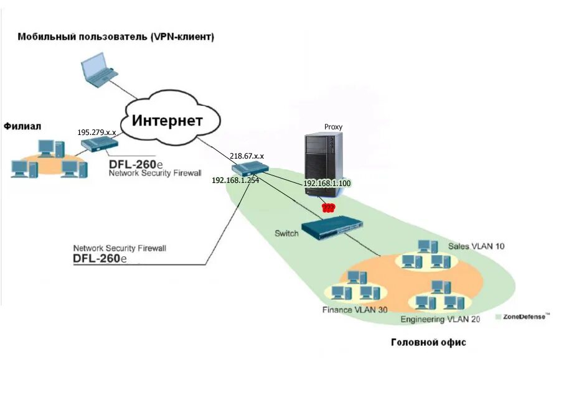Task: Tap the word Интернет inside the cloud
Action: coord(167,120)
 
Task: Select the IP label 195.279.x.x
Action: coord(96,133)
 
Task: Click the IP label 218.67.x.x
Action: coord(247,156)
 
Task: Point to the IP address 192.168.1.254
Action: coord(235,180)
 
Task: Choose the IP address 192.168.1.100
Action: coord(327,184)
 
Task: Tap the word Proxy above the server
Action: coord(333,127)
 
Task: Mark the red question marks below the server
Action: coord(327,207)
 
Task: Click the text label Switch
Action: coord(286,233)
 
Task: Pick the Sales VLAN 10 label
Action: coord(476,246)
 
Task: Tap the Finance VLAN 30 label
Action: coord(355,309)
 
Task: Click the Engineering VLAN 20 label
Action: coord(440,320)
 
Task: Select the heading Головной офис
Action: coord(428,342)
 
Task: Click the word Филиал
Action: coord(22,126)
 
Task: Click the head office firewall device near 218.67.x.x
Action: coord(250,169)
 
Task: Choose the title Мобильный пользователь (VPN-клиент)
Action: coord(116,37)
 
